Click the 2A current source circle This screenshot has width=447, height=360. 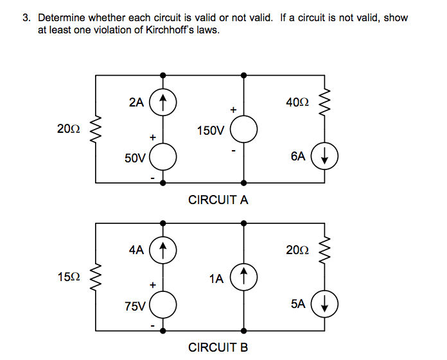(163, 101)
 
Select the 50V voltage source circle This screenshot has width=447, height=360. (163, 157)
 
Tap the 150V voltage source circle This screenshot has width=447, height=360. (244, 130)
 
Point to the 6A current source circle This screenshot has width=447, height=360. (325, 156)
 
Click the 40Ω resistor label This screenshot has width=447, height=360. (298, 101)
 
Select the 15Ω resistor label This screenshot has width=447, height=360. (68, 277)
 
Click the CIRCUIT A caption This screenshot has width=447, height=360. (218, 200)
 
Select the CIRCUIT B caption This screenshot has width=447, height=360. (218, 348)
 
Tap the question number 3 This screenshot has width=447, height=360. (26, 17)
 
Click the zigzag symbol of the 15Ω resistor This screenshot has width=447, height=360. (96, 277)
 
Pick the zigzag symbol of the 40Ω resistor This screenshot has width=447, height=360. (325, 101)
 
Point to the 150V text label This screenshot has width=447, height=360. (211, 131)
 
